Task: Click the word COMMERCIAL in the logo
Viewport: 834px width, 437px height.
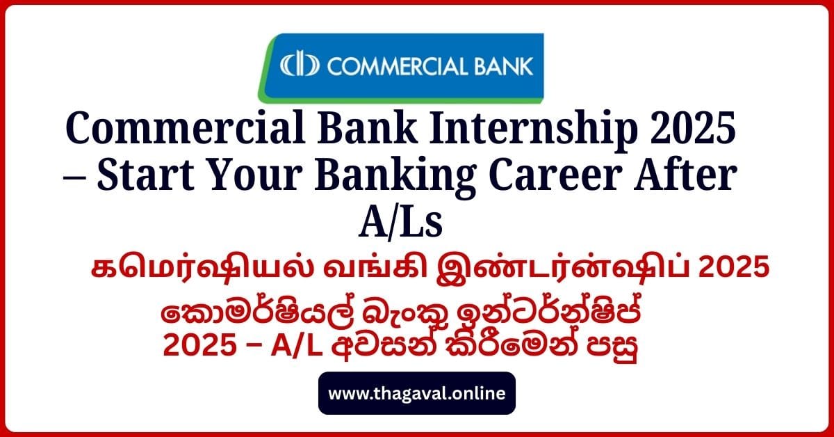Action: tap(395, 67)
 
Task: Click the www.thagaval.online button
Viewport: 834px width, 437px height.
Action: tap(417, 393)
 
